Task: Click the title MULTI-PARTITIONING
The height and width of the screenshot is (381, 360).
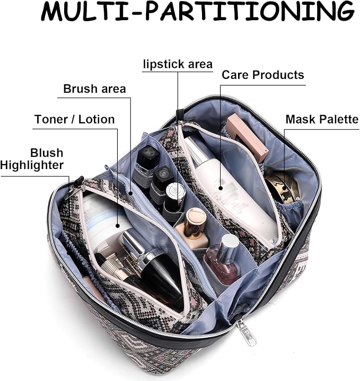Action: click(x=197, y=11)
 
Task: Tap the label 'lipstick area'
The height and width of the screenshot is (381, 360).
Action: click(x=178, y=64)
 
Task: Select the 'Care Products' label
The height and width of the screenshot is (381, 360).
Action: click(x=263, y=75)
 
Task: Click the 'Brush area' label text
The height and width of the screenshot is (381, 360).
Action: click(x=94, y=88)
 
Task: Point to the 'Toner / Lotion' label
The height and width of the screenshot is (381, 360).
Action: click(x=74, y=119)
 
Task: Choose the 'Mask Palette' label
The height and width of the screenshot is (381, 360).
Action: click(x=322, y=119)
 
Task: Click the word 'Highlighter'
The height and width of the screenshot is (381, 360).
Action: click(x=32, y=165)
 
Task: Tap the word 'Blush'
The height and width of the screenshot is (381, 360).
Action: click(x=47, y=153)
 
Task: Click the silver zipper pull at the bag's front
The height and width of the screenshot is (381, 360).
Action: click(x=246, y=331)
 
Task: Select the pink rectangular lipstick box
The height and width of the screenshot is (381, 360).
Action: click(x=247, y=138)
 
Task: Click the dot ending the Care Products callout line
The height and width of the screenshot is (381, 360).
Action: click(x=221, y=188)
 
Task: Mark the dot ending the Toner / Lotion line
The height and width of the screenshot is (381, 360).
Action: click(x=118, y=226)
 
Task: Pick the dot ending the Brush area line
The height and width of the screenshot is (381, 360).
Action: click(x=130, y=193)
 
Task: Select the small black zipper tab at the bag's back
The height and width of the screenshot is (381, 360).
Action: click(x=180, y=114)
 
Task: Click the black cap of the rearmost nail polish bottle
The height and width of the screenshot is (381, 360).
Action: click(x=147, y=155)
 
